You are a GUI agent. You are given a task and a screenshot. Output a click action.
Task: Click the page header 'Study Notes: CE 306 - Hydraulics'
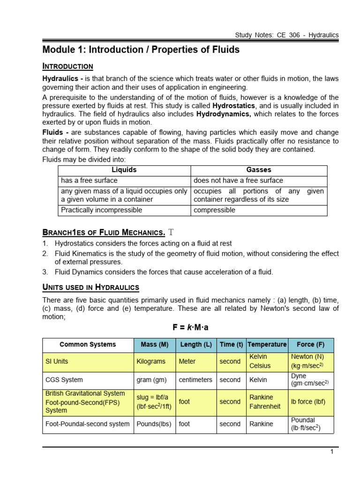pos(287,35)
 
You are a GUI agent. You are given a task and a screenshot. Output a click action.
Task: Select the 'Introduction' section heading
pos(67,66)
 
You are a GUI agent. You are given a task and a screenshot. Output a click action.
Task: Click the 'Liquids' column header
pos(124,170)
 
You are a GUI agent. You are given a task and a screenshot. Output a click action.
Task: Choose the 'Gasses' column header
pos(259,170)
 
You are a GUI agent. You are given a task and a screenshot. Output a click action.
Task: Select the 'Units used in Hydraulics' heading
pos(90,287)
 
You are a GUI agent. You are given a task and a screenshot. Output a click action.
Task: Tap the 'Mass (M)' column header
pos(154,345)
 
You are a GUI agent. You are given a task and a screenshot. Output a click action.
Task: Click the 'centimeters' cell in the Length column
pos(195,380)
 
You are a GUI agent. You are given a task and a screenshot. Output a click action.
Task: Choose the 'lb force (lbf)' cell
pos(307,402)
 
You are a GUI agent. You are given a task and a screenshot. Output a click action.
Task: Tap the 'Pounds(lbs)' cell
pos(153,424)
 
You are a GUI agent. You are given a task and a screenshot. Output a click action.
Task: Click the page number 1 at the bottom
pos(331,452)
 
